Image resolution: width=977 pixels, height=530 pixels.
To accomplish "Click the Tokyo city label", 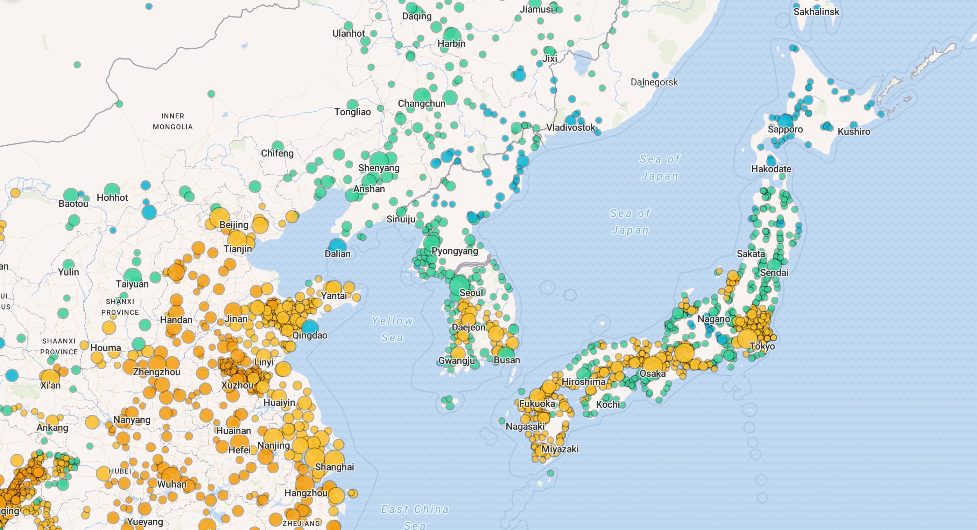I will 762,346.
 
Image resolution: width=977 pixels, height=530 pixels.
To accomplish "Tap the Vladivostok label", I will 571,127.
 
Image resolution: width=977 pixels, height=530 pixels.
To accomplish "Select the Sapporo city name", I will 785,130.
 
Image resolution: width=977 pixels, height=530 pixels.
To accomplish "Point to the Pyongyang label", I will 455,251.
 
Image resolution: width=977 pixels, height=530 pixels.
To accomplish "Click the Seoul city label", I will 471,293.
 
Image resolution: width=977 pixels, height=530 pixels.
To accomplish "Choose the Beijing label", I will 234,225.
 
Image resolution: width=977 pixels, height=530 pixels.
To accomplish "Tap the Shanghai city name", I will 334,467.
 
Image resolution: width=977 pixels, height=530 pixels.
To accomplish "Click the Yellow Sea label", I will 392,329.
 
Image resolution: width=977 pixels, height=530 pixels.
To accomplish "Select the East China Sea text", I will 415,516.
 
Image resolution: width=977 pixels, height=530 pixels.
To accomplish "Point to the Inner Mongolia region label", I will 173,121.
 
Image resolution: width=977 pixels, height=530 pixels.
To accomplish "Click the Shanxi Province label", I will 120,307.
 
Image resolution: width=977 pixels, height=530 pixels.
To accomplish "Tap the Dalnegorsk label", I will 654,82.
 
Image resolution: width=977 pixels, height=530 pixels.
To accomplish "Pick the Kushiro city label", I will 854,132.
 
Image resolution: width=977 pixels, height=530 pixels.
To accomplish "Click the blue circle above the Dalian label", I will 337,245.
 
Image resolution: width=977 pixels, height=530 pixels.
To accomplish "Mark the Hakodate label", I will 771,169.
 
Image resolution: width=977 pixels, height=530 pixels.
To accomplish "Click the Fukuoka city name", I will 537,404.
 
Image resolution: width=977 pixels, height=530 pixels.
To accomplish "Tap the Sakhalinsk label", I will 816,12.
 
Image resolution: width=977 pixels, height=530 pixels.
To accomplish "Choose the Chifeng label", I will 277,153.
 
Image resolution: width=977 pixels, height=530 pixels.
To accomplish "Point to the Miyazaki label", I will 560,449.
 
